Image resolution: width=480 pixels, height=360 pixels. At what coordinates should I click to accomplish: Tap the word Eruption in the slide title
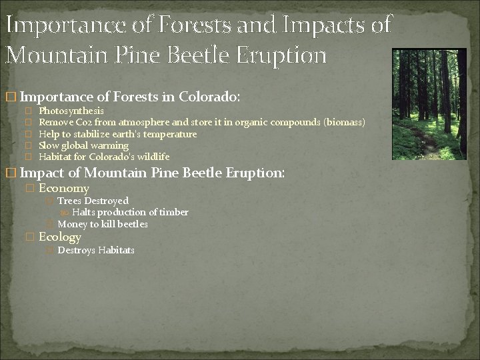pyautogui.click(x=280, y=54)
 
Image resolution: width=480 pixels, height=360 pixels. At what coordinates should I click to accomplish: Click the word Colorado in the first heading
pyautogui.click(x=205, y=97)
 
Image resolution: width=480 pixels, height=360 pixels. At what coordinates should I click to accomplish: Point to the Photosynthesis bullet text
pyautogui.click(x=71, y=111)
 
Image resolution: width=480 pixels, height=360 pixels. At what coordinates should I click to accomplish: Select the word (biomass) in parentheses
pyautogui.click(x=344, y=122)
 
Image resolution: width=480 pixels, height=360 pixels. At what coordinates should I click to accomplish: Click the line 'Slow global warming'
pyautogui.click(x=83, y=145)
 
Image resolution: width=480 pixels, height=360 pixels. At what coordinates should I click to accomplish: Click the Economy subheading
pyautogui.click(x=64, y=189)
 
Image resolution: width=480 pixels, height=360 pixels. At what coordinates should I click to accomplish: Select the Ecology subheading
pyautogui.click(x=60, y=237)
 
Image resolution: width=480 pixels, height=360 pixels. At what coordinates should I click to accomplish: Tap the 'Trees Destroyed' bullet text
pyautogui.click(x=93, y=201)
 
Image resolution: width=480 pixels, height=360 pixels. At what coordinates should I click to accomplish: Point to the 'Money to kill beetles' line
pyautogui.click(x=103, y=224)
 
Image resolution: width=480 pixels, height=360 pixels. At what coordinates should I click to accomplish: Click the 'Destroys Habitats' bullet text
pyautogui.click(x=96, y=251)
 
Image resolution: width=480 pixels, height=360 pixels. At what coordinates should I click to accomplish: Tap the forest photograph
pyautogui.click(x=429, y=104)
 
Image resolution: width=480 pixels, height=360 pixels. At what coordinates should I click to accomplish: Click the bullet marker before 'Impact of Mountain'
pyautogui.click(x=9, y=173)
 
